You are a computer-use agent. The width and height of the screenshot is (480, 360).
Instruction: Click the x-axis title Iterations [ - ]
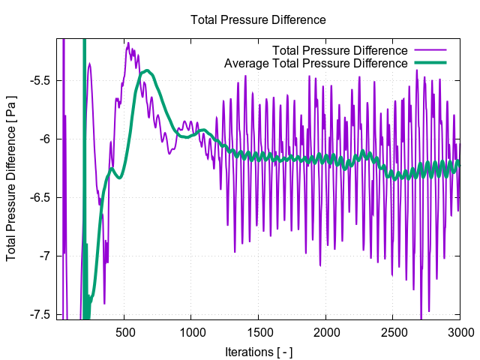coord(258,352)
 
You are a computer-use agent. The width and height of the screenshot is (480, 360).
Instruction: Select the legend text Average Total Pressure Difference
coord(316,63)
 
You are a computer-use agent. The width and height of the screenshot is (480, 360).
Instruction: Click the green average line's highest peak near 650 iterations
coord(148,71)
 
